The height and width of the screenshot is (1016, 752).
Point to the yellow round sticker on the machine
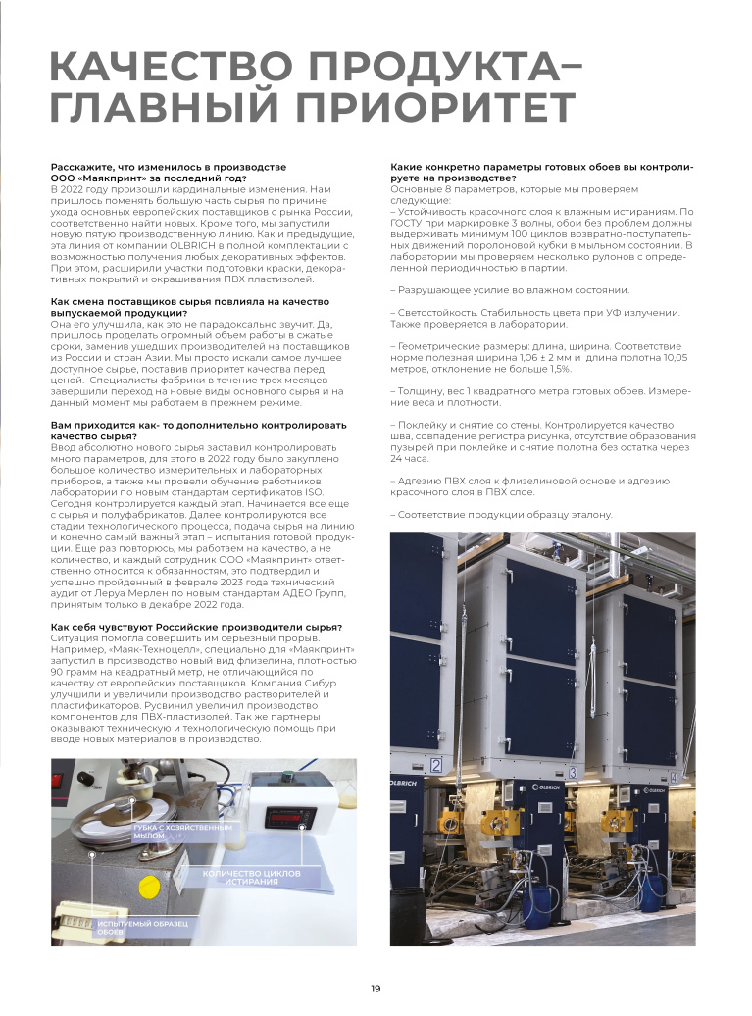click(x=149, y=889)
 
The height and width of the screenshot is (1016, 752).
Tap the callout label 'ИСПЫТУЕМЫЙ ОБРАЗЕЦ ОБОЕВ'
click(x=142, y=927)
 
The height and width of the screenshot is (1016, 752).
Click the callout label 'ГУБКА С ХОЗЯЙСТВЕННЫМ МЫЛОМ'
click(x=182, y=832)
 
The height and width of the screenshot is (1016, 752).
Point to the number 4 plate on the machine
click(x=676, y=777)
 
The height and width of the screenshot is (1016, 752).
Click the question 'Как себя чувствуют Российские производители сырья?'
click(x=196, y=627)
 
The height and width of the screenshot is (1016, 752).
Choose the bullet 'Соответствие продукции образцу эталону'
click(x=502, y=515)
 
